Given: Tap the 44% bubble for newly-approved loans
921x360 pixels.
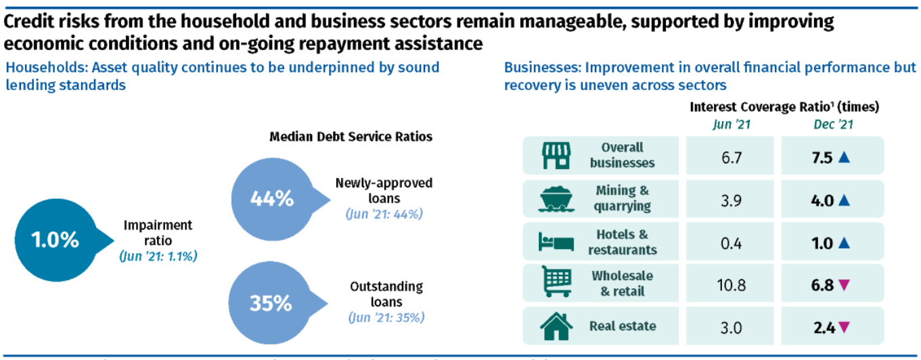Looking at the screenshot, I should point(271,199).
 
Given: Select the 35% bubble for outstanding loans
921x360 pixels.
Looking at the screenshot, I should point(270,303).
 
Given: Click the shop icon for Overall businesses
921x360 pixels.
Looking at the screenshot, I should point(556,156).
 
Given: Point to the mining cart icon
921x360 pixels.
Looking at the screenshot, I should point(556,198).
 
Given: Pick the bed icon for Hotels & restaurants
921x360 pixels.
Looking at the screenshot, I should point(556,242).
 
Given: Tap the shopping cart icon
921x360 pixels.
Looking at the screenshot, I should point(556,284).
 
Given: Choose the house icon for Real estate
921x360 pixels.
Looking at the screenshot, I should point(556,325).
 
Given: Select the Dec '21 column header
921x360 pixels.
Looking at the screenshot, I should point(833,124).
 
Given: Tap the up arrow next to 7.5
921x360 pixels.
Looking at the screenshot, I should point(843,157).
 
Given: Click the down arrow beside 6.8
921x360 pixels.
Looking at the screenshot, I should point(843,285).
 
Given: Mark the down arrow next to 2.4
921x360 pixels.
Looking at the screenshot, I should point(843,328).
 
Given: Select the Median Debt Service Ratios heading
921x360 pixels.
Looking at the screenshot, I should point(351,137).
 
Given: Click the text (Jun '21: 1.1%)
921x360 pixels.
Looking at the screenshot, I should point(158,256).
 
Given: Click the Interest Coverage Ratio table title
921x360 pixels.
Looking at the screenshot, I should point(784,107).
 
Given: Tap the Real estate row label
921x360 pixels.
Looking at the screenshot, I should point(622,326).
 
